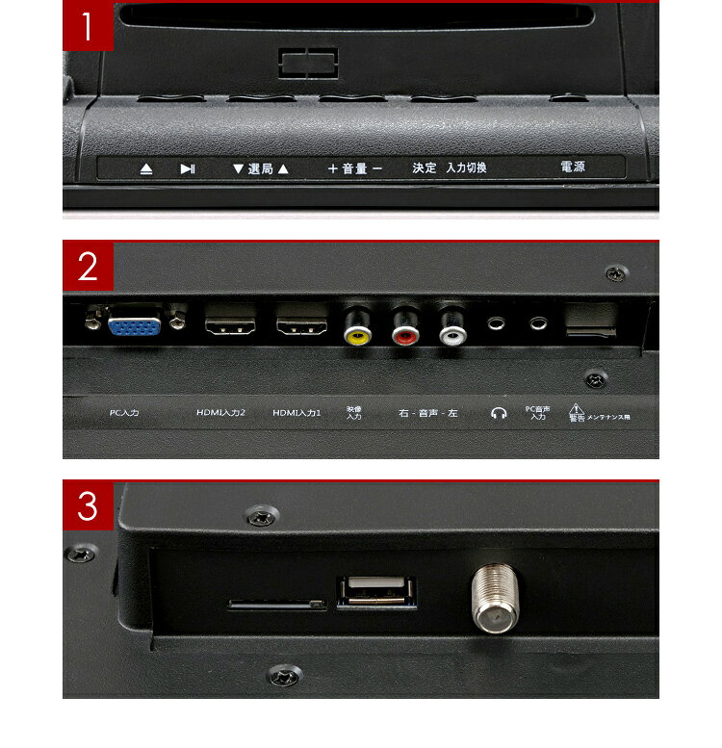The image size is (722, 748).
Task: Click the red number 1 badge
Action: [x=88, y=27]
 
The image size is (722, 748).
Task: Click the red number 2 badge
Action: [x=88, y=267]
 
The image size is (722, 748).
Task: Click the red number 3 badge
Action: [x=88, y=506]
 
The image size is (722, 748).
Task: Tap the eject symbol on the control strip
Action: [x=145, y=168]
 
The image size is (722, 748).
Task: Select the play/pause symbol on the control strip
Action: [x=188, y=168]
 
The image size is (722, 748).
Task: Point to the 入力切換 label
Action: [x=466, y=168]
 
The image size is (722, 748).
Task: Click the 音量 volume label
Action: [x=354, y=168]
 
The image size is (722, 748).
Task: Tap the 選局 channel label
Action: [x=260, y=168]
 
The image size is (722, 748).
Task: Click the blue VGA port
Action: [x=135, y=326]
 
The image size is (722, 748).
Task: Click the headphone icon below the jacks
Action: [x=498, y=413]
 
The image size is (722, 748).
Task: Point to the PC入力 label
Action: [x=124, y=412]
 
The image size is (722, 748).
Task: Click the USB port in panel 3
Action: [x=376, y=591]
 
